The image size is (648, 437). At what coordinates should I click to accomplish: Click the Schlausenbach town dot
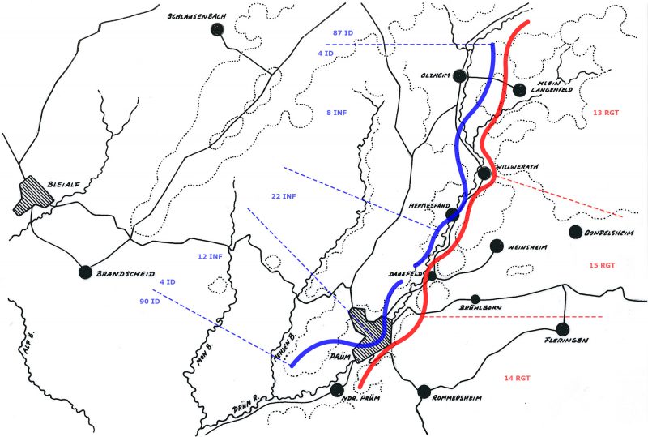click(x=216, y=29)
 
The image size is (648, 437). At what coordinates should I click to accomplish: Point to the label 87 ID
click(x=343, y=32)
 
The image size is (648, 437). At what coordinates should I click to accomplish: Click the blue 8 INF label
click(x=335, y=111)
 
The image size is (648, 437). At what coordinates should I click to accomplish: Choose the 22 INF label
click(x=283, y=196)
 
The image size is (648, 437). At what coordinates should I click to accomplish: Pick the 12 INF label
click(x=209, y=257)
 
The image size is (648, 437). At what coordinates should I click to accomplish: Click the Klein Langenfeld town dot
click(x=519, y=90)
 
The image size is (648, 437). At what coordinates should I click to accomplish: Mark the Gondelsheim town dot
click(x=577, y=232)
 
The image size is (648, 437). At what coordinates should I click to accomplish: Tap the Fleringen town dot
click(x=563, y=328)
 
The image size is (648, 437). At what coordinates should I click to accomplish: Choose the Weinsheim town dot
click(x=496, y=246)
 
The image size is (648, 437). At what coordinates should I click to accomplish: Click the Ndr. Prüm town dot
click(x=337, y=390)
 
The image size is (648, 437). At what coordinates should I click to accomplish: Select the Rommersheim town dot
click(x=423, y=392)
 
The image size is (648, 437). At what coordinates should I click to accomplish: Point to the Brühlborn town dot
click(x=476, y=299)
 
